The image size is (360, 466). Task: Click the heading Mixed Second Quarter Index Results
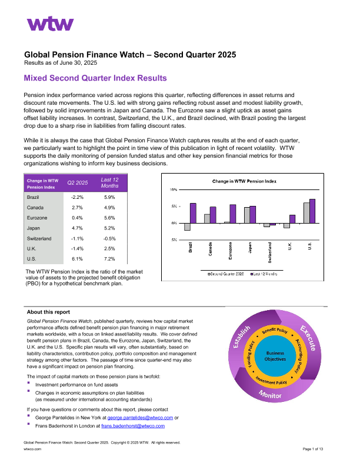[95, 78]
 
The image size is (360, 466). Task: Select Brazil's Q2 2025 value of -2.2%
[76, 198]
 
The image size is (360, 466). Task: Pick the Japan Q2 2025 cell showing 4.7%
[76, 227]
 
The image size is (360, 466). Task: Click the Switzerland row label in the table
[39, 238]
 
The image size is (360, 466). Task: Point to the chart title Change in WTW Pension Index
[244, 182]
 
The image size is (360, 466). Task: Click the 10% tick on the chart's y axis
[174, 190]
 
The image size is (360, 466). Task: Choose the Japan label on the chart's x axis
[250, 248]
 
